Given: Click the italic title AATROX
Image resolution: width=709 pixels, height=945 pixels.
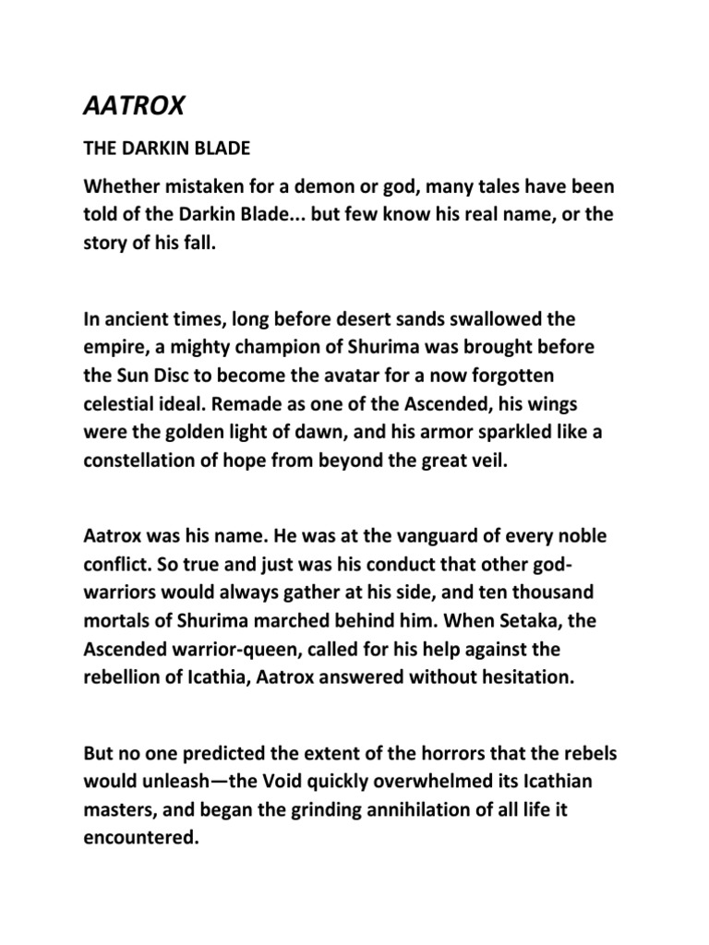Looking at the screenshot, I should (132, 106).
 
